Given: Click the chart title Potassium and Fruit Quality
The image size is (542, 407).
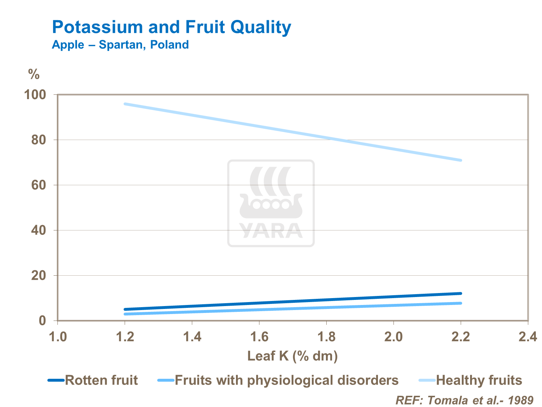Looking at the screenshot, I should point(171,27).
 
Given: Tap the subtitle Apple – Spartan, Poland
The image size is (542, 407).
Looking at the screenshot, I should point(120,45).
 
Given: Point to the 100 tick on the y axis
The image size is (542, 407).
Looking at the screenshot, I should point(35,95).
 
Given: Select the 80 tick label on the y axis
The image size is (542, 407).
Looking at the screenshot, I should point(38,140).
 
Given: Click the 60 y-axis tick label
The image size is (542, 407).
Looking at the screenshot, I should point(38,185).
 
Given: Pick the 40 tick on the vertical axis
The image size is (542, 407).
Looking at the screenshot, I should point(38,230).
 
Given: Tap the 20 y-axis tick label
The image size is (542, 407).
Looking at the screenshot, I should point(38,276).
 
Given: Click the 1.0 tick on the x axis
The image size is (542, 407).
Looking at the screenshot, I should point(58,337).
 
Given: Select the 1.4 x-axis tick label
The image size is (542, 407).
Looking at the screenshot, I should point(192,337).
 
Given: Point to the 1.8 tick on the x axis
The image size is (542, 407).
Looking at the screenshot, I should point(326,337).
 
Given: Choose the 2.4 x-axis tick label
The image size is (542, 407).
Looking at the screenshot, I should point(528,337).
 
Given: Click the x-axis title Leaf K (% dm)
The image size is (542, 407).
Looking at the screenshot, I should point(292,356).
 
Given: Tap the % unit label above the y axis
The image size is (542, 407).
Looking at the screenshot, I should point(34,75).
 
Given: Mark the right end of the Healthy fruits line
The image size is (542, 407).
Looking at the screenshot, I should point(461,160).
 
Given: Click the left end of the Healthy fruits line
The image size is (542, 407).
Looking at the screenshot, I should point(125,104).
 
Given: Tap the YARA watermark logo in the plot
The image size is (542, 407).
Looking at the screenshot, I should point(271,203).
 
